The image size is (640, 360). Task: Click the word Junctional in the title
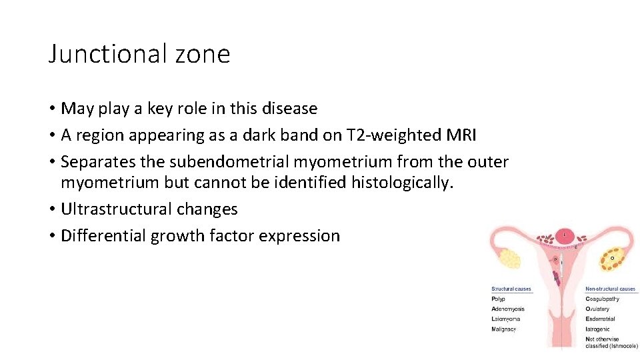[99, 53]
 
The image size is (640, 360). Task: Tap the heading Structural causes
[511, 289]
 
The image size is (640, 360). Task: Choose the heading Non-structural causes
[610, 289]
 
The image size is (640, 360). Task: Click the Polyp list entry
[499, 299]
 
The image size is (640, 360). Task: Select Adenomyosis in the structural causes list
[508, 309]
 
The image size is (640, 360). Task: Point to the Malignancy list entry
[504, 329]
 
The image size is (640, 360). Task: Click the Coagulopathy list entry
[602, 299]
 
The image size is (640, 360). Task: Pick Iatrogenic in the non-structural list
[597, 329]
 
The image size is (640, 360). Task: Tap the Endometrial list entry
[600, 319]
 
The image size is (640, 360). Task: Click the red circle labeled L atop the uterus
[566, 235]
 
